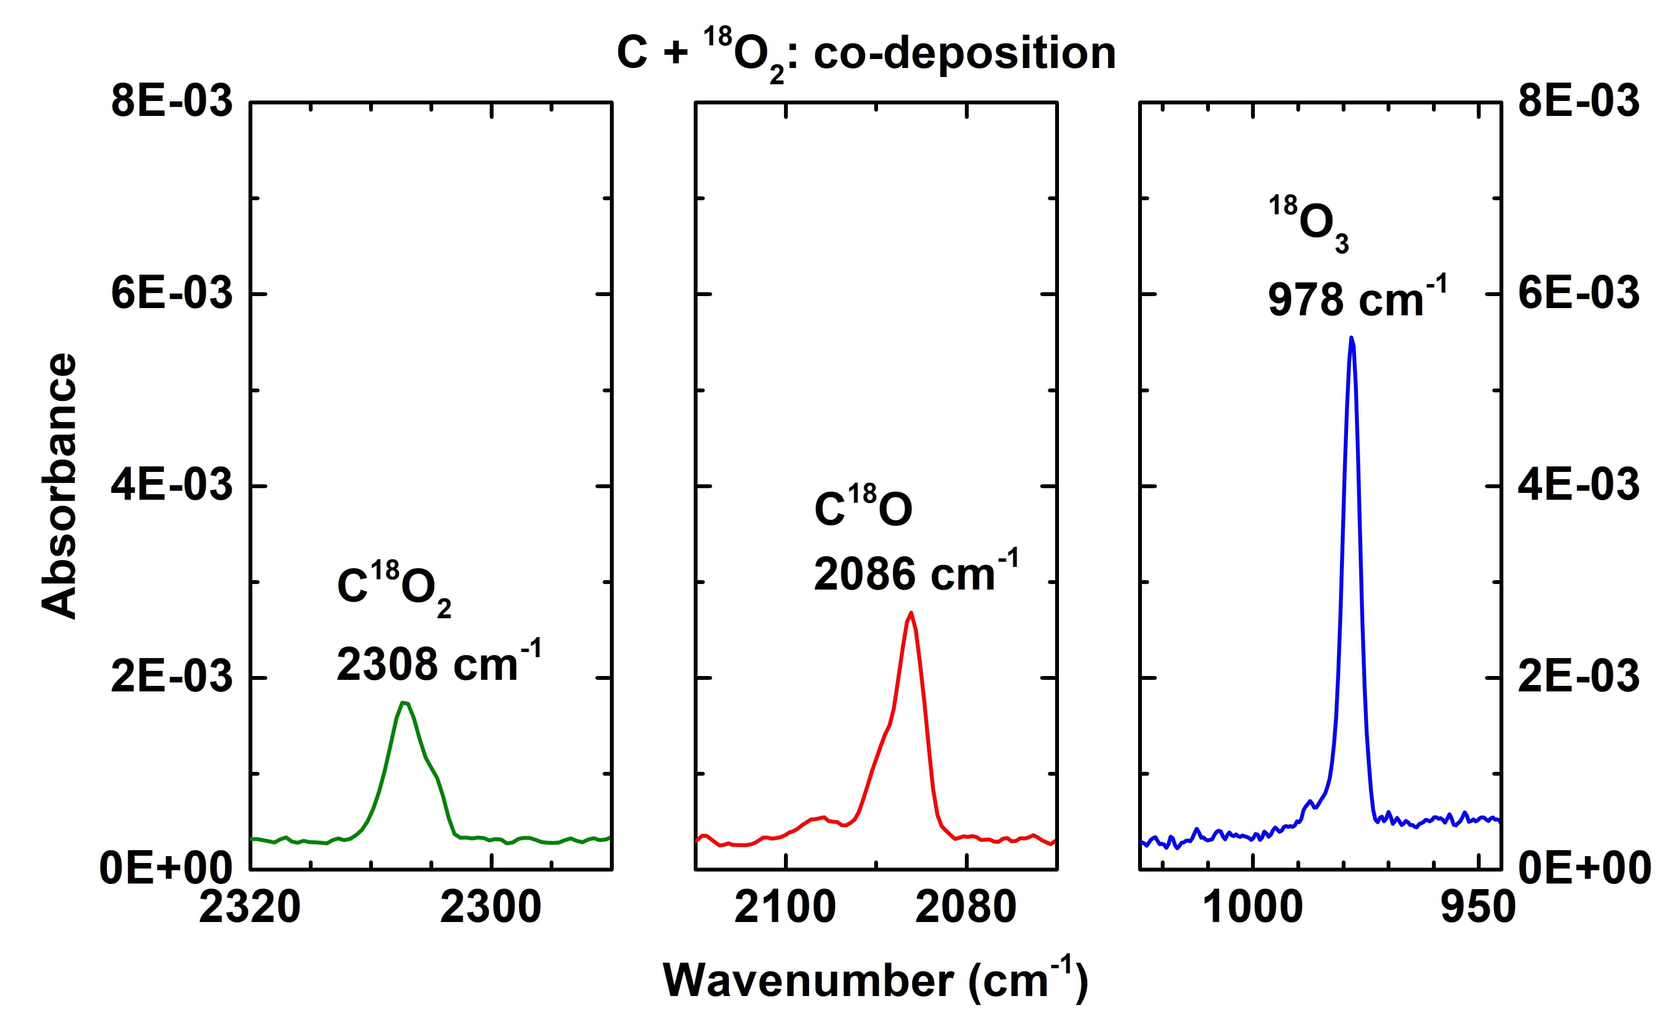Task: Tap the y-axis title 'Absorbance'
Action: click(59, 486)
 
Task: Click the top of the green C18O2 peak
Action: click(404, 702)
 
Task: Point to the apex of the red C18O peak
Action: click(911, 613)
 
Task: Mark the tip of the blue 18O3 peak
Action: click(1351, 337)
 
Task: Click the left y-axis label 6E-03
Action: click(172, 294)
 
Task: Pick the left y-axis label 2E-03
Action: click(172, 677)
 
